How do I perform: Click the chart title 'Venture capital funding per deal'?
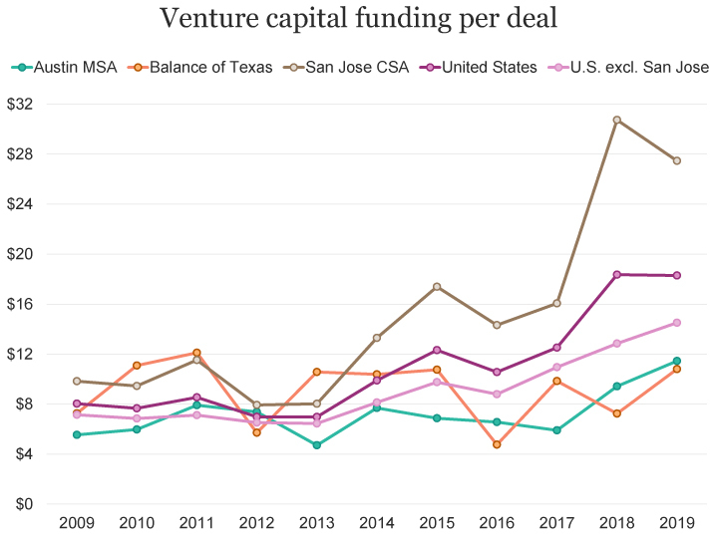[358, 19]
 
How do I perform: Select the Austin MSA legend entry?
[65, 68]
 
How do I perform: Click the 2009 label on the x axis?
[77, 523]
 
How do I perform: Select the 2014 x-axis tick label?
[377, 523]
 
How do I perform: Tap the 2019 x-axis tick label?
[676, 523]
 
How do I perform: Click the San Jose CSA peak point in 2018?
[616, 120]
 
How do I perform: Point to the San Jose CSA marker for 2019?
[676, 160]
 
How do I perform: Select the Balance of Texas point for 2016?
[497, 444]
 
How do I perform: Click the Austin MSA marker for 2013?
[317, 445]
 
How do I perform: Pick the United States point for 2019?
[676, 275]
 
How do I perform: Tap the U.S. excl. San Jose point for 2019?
[676, 323]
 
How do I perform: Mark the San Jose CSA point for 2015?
[437, 287]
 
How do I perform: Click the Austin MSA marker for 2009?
[77, 434]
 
